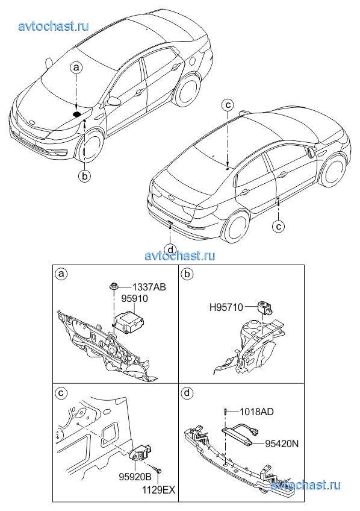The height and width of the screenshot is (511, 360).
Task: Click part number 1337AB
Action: [x=149, y=287]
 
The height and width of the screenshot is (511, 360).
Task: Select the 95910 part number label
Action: [x=134, y=298]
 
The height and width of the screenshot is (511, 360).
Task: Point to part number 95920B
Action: [x=135, y=477]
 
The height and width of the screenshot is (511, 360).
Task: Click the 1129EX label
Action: [x=159, y=489]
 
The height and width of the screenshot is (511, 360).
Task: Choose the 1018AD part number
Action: [x=256, y=412]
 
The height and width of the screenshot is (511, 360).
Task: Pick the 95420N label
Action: [x=282, y=444]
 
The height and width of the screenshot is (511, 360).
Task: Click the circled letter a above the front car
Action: [x=76, y=67]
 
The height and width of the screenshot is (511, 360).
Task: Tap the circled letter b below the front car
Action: [x=84, y=177]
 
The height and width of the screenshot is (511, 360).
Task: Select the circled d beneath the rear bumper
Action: [x=170, y=249]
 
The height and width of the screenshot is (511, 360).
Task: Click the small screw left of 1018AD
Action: [x=225, y=412]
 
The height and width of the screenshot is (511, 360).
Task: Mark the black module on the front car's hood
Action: [x=77, y=114]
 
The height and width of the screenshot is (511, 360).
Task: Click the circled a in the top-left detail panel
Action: [x=60, y=274]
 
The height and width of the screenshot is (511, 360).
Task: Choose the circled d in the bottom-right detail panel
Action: [x=186, y=393]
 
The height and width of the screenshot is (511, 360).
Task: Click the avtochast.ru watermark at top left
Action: [x=54, y=26]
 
